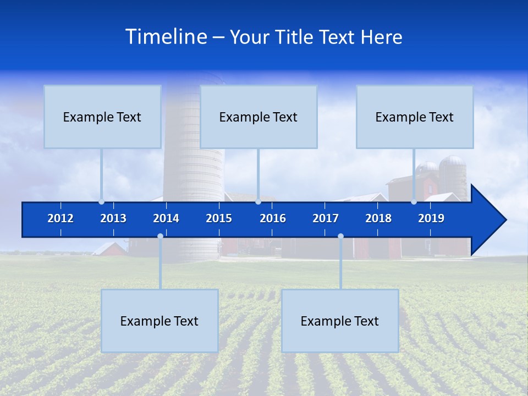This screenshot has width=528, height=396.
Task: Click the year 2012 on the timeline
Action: pyautogui.click(x=61, y=218)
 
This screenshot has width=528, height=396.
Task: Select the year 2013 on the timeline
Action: pyautogui.click(x=113, y=218)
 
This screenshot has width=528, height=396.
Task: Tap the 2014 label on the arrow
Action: pyautogui.click(x=166, y=218)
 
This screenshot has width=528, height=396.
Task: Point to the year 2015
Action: pyautogui.click(x=219, y=218)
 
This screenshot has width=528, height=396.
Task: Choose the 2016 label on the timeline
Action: pyautogui.click(x=273, y=218)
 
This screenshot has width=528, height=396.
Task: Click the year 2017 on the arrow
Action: pyautogui.click(x=326, y=218)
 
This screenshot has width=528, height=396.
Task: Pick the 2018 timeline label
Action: pyautogui.click(x=378, y=218)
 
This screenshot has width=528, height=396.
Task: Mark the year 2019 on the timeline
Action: pyautogui.click(x=431, y=218)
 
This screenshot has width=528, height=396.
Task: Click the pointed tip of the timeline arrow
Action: pyautogui.click(x=504, y=219)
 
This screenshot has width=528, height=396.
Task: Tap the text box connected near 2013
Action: pyautogui.click(x=102, y=117)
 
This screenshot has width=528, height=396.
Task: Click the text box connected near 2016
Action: pyautogui.click(x=258, y=117)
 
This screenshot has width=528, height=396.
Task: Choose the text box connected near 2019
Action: pyautogui.click(x=415, y=117)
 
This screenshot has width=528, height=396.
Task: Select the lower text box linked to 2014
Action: pyautogui.click(x=159, y=321)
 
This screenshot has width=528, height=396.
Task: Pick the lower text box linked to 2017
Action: pyautogui.click(x=340, y=321)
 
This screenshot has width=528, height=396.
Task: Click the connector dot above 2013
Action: pyautogui.click(x=102, y=202)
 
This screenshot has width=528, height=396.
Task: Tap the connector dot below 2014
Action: pyautogui.click(x=160, y=236)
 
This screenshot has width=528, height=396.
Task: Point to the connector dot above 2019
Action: pyautogui.click(x=414, y=202)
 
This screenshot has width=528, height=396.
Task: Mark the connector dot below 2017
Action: pyautogui.click(x=340, y=236)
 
